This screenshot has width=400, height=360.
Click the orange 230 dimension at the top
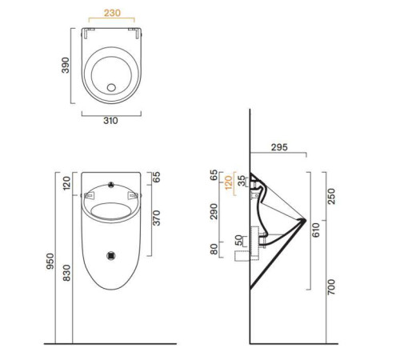[110, 14]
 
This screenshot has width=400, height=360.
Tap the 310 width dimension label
[110, 122]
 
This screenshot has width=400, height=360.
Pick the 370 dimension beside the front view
[155, 217]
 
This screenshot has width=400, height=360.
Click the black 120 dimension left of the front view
[66, 185]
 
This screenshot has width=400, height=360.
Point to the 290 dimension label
[214, 212]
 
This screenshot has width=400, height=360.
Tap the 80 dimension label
[214, 249]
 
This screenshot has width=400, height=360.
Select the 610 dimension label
[315, 231]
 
